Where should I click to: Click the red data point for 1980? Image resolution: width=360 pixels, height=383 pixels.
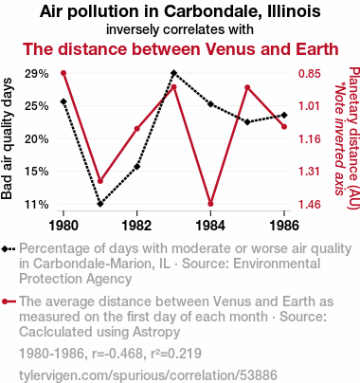coord(63,73)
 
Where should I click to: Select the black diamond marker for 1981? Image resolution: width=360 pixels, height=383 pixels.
coord(100,204)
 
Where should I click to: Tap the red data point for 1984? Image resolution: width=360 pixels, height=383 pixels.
coord(210,204)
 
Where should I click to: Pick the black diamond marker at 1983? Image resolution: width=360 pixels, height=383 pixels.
coord(173,73)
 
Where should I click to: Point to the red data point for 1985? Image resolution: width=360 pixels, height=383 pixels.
coord(247,87)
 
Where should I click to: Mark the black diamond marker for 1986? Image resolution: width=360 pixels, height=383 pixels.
coord(284,115)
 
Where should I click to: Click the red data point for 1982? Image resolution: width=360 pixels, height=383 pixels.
coord(137,129)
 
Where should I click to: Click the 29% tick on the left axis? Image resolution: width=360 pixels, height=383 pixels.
coord(37,74)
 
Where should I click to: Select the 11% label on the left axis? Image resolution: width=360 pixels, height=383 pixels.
coord(37,205)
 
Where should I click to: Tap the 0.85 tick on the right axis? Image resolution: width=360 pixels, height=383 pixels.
coord(310,74)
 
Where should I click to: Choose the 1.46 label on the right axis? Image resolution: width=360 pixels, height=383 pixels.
coord(310,205)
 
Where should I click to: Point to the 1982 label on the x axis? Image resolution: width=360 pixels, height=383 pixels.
coord(136,226)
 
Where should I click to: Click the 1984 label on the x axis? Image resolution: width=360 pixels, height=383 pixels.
coord(210,226)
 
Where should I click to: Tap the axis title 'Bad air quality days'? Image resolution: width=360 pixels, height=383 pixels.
coord(7,138)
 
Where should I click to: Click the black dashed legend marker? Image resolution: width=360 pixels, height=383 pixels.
coord(9,249)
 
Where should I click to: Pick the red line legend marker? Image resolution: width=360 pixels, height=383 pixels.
coord(9,301)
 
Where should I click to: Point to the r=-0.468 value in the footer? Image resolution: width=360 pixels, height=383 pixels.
coord(117,354)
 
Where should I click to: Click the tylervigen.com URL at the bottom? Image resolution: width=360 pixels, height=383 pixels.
coord(148,375)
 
